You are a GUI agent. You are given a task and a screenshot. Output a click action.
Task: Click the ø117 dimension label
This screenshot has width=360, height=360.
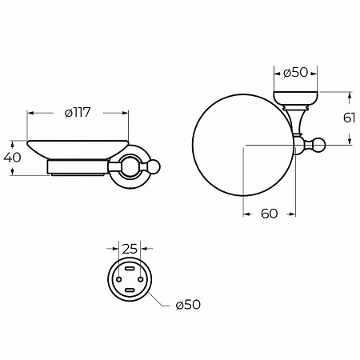click(78, 113)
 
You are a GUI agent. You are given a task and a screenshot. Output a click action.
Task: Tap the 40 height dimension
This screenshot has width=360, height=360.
click(12, 158)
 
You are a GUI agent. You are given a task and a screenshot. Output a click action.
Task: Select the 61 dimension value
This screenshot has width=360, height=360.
click(349, 118)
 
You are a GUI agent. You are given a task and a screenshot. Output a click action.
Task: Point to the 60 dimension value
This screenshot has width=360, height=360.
click(270, 214)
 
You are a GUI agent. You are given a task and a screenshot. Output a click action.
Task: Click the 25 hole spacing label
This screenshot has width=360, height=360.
click(130, 249)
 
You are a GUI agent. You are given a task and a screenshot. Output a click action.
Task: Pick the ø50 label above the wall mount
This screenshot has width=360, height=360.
click(296, 73)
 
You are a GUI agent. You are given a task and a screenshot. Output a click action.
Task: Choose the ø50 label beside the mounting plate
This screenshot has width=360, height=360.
click(188, 305)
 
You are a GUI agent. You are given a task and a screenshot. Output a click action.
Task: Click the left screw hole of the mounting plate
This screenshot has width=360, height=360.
click(119, 279)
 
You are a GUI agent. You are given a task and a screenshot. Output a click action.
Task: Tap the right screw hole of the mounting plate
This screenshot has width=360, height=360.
click(141, 279)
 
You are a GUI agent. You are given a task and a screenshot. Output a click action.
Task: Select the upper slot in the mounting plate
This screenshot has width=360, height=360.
click(130, 268)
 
